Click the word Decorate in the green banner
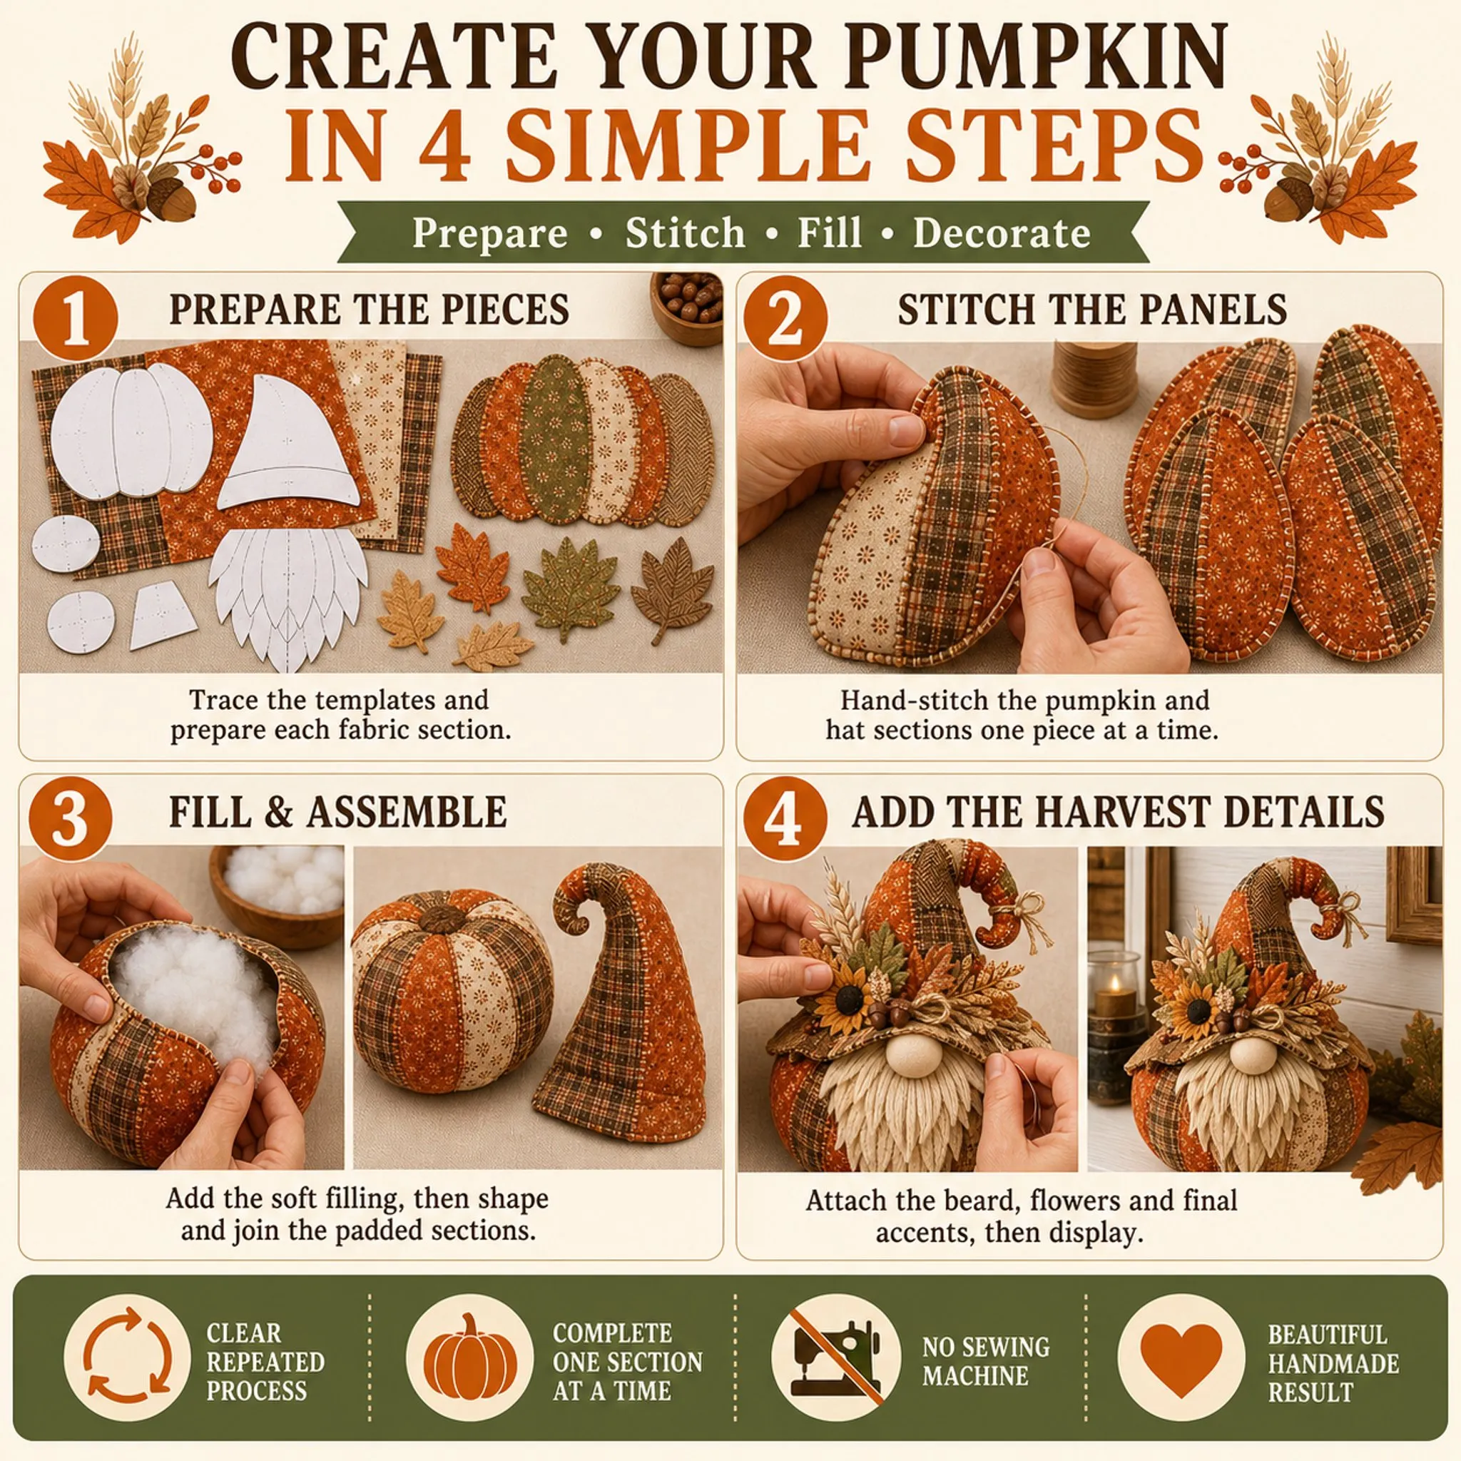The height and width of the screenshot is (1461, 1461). point(1002,233)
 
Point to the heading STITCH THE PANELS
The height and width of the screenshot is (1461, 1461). point(1093,310)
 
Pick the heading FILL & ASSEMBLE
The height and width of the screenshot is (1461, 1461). point(338,812)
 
